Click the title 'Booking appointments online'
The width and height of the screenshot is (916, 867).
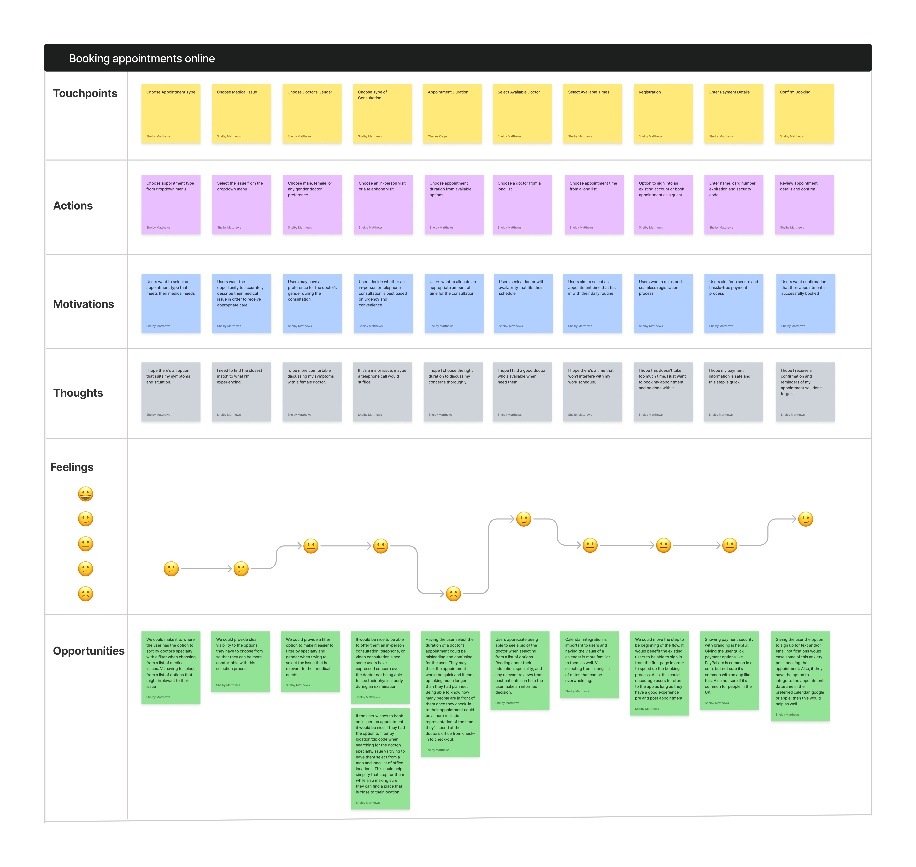(142, 59)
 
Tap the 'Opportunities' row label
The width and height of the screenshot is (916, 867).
(89, 651)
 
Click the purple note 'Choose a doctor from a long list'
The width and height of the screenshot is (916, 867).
(522, 205)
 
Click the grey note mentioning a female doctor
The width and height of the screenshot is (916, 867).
(312, 392)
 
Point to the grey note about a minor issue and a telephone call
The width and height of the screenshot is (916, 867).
(383, 392)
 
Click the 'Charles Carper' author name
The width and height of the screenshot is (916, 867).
(438, 136)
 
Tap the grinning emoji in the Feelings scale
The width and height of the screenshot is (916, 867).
(85, 494)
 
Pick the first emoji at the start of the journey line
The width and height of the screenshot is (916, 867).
(171, 569)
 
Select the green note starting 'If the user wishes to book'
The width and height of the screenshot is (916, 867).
(380, 758)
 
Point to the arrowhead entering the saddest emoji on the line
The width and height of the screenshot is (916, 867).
(442, 594)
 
